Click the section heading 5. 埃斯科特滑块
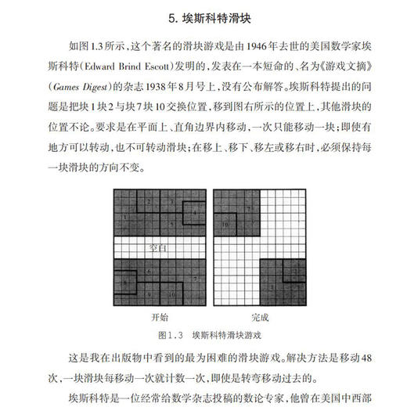tap(203, 17)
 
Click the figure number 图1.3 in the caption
tap(170, 335)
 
